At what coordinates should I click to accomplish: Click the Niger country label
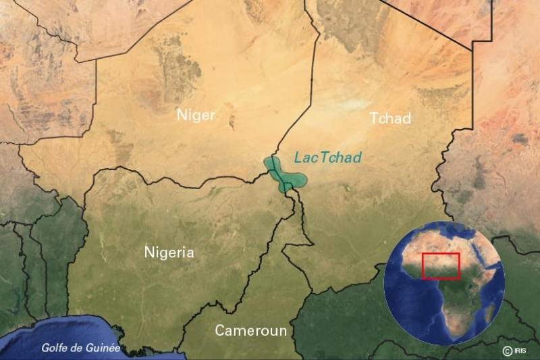click(196, 115)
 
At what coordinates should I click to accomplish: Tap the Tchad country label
click(390, 119)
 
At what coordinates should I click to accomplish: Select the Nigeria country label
click(169, 253)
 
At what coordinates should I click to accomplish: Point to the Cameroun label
click(250, 331)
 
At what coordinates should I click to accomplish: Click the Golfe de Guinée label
click(81, 348)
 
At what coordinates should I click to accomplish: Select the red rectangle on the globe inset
click(440, 265)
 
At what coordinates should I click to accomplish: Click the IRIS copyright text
click(520, 350)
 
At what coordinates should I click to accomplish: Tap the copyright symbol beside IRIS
click(507, 350)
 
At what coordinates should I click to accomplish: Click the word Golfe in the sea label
click(54, 348)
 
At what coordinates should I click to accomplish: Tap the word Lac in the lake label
click(303, 157)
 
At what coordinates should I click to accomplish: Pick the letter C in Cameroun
click(219, 331)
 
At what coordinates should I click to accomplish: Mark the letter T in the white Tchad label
click(374, 119)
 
